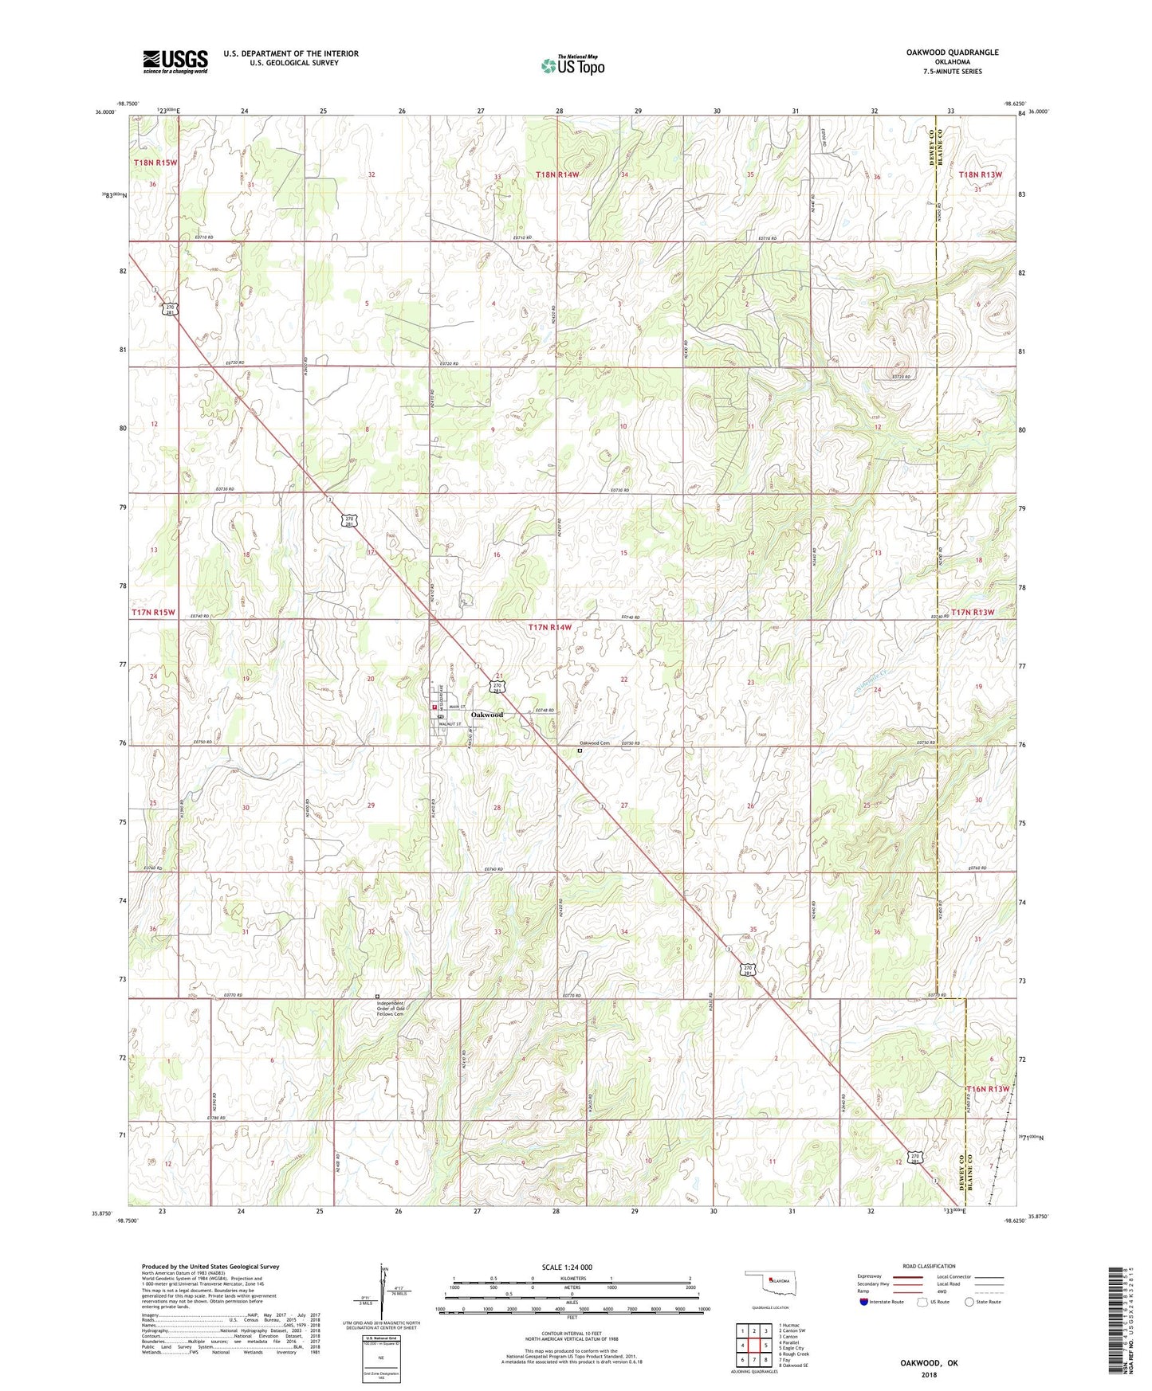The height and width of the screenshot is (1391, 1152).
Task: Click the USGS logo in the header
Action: pyautogui.click(x=175, y=61)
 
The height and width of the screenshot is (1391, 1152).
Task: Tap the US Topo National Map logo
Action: pyautogui.click(x=572, y=65)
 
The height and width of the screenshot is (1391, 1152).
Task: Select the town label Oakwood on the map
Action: pyautogui.click(x=486, y=715)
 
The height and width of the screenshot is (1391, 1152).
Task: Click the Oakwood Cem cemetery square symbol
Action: pyautogui.click(x=580, y=750)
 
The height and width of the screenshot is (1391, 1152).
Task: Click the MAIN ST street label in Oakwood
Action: pyautogui.click(x=455, y=706)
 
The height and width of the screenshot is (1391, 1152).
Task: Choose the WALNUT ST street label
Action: pyautogui.click(x=457, y=724)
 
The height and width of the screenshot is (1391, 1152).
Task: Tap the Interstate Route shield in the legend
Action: pyautogui.click(x=864, y=1302)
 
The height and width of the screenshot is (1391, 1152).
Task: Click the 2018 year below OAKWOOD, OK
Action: pyautogui.click(x=929, y=1374)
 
